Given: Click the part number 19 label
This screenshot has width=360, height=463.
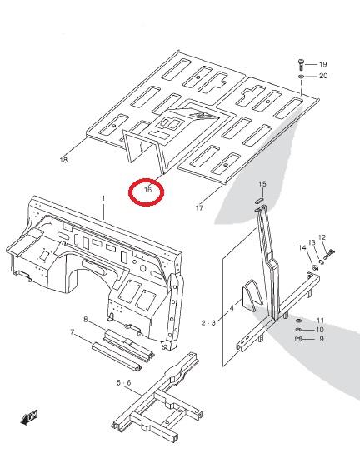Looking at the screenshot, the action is (x=322, y=64).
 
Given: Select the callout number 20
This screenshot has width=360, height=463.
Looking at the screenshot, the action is (x=323, y=76).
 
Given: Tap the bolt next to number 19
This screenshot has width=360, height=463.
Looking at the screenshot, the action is (x=301, y=64).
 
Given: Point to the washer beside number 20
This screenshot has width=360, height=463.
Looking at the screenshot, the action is (x=301, y=77).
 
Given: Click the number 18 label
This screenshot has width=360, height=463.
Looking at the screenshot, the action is (x=63, y=160).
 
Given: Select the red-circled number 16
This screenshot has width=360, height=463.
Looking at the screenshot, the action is (x=147, y=189).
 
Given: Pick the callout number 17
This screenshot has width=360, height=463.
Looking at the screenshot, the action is (x=199, y=207).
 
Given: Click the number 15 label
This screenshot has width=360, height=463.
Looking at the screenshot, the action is (x=262, y=184).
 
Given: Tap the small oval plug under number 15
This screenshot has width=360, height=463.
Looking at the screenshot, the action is (x=258, y=200).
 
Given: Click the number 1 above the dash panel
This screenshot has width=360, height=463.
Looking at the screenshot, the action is (x=103, y=198).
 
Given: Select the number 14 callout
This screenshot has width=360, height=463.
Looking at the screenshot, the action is (x=302, y=247).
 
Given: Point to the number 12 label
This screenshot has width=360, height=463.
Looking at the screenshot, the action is (x=322, y=237).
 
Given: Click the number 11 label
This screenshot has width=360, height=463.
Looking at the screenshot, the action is (x=320, y=321).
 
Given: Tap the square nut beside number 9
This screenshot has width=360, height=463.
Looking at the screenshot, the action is (x=298, y=339).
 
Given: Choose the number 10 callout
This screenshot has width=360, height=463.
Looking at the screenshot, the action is (x=320, y=330).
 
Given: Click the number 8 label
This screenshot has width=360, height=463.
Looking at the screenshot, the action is (x=86, y=319).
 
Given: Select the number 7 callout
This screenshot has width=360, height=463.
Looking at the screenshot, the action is (x=72, y=332).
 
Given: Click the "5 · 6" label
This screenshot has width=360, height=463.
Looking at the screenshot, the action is (x=124, y=383).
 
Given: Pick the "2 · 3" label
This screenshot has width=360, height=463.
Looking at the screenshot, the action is (x=208, y=323).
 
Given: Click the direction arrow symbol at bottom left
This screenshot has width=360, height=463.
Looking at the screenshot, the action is (x=29, y=417).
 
